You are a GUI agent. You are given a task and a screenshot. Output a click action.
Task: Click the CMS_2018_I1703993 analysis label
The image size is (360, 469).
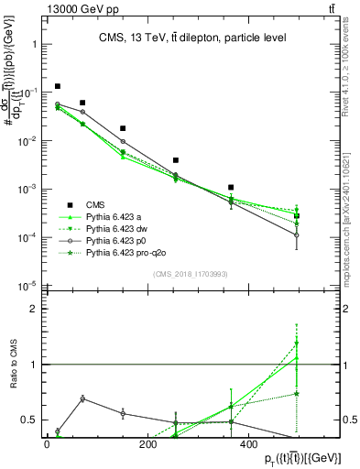(193, 273)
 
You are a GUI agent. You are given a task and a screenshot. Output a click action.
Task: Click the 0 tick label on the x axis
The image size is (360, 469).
(46, 443)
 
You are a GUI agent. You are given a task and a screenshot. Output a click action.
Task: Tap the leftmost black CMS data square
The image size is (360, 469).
(57, 86)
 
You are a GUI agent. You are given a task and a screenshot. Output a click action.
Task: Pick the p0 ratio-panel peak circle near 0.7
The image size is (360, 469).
(82, 398)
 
